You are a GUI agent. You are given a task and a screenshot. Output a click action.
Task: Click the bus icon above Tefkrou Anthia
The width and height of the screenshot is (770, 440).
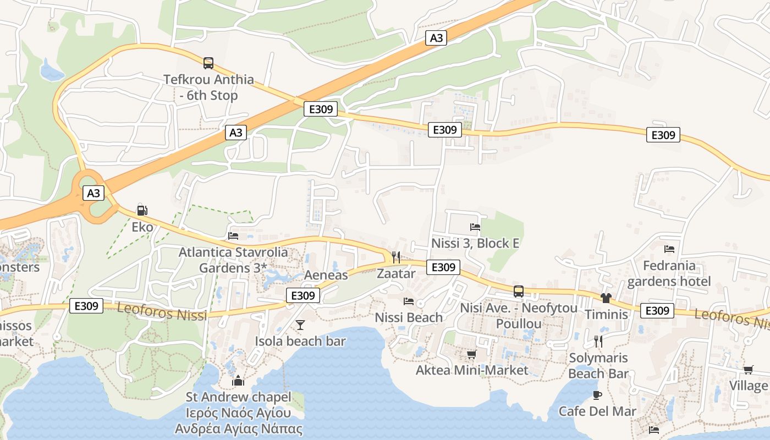[208, 63]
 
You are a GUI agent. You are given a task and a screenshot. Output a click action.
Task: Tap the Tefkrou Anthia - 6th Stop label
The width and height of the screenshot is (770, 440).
[208, 87]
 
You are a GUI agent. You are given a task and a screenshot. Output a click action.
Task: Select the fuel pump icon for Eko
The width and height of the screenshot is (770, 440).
[142, 210]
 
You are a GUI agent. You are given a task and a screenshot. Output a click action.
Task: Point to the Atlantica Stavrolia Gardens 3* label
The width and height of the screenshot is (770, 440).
[233, 260]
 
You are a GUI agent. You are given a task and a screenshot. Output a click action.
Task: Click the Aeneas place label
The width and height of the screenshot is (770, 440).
[326, 275]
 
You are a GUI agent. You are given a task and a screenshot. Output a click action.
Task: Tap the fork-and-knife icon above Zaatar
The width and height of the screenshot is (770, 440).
[395, 257]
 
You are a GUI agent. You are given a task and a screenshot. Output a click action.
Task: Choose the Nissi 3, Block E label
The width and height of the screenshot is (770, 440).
[475, 243]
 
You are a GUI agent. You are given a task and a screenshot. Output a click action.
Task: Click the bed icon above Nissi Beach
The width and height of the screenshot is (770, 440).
[409, 301]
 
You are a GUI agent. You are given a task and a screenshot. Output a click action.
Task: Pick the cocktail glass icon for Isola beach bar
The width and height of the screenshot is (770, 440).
[300, 325]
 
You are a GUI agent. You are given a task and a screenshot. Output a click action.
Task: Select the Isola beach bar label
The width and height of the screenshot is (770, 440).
[300, 341]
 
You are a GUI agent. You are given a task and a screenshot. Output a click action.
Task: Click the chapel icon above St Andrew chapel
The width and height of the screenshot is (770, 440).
[238, 380]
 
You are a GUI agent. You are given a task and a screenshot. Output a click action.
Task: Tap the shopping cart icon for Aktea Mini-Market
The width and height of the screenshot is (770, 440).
[471, 354]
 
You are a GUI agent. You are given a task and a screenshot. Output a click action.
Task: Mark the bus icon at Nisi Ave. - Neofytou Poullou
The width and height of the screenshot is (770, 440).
[519, 291]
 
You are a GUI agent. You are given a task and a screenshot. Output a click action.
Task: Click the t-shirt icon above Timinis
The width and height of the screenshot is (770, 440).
[606, 298]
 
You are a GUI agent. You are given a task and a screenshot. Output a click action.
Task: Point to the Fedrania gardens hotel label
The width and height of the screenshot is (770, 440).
[669, 273]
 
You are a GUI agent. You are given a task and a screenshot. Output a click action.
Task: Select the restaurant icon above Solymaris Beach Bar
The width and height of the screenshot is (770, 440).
[598, 342]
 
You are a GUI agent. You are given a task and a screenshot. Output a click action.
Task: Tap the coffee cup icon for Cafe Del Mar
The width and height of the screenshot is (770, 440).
[597, 395]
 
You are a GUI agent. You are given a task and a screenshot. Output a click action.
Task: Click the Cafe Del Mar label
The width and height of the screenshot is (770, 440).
[597, 411]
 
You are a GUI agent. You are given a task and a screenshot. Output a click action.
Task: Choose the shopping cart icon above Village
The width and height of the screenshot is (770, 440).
[748, 370]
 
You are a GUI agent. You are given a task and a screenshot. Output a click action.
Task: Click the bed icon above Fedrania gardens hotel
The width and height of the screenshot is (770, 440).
[669, 249]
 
